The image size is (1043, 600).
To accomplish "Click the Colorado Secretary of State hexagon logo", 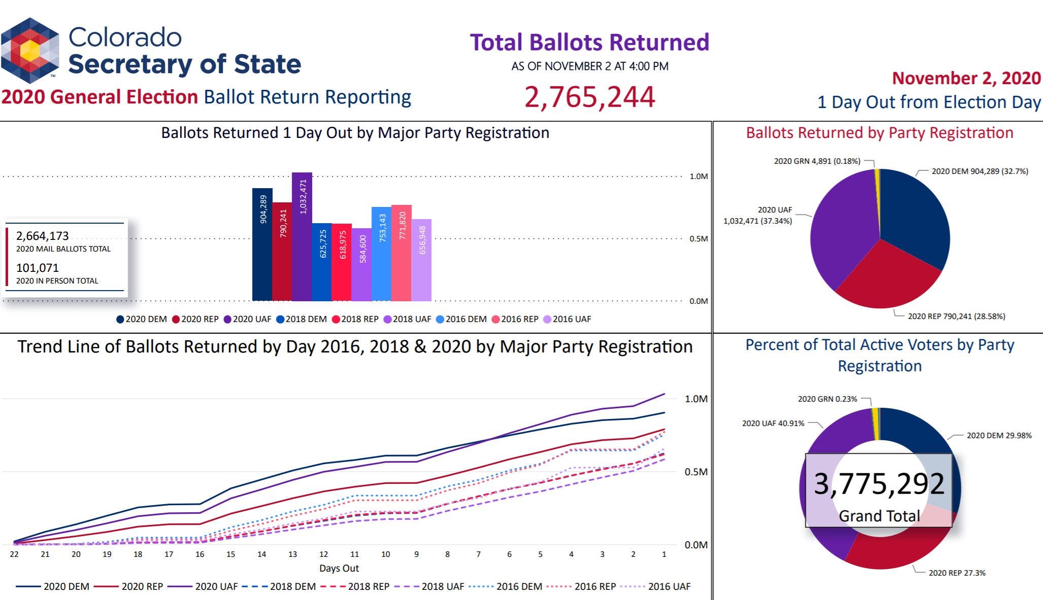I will click(x=30, y=50).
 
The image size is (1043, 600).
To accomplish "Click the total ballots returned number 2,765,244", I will click(x=589, y=97).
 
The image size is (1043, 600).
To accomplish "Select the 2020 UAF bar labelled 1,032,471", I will click(x=302, y=236).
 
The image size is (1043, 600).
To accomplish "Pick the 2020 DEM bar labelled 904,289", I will click(x=262, y=244).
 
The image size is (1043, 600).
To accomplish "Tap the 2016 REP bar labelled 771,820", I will click(x=401, y=253).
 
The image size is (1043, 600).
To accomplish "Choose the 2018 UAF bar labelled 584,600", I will click(x=362, y=264).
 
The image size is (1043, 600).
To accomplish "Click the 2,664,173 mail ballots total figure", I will click(x=42, y=236).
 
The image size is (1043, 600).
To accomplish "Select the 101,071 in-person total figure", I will click(x=38, y=268).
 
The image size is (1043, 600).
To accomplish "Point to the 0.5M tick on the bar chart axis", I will click(x=698, y=239).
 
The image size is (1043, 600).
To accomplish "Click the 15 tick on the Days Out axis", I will click(x=231, y=554).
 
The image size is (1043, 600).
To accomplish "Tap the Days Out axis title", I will click(x=339, y=568).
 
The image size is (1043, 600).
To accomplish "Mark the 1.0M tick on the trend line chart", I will click(x=696, y=399).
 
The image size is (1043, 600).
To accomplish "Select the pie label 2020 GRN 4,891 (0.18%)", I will click(x=817, y=161).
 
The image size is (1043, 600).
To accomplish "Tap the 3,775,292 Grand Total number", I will click(x=879, y=484).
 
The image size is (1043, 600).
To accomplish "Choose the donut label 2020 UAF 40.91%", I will click(x=773, y=423).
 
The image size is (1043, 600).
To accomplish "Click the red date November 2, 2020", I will click(x=966, y=78).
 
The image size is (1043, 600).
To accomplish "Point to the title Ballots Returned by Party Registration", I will click(x=879, y=133).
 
